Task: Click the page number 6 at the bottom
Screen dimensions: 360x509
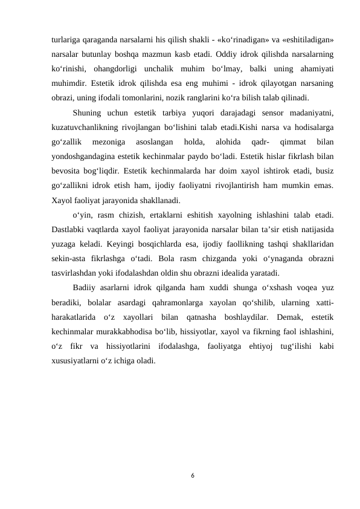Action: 192,476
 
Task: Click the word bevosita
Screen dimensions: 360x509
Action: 68,170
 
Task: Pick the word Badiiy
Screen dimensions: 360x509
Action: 86,286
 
